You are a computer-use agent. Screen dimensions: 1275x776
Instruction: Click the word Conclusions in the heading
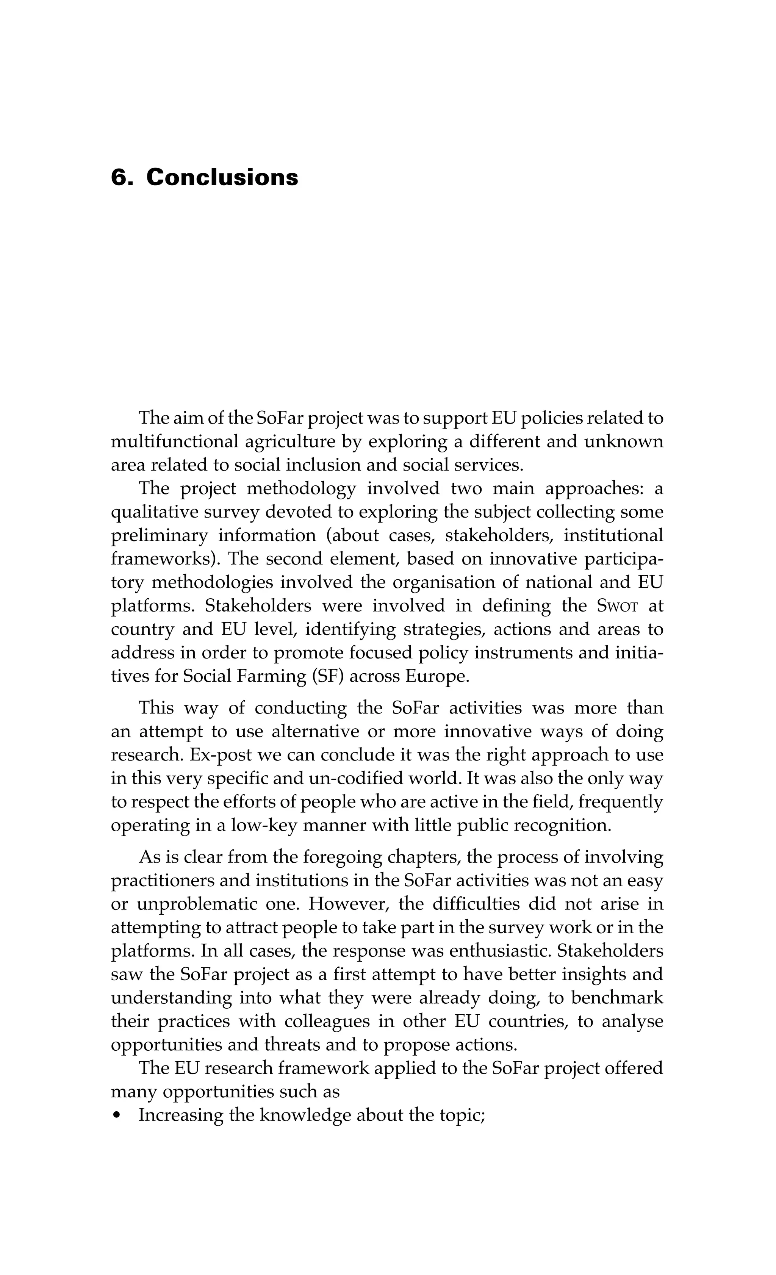tap(222, 177)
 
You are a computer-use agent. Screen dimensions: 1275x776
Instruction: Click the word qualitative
tap(152, 512)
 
